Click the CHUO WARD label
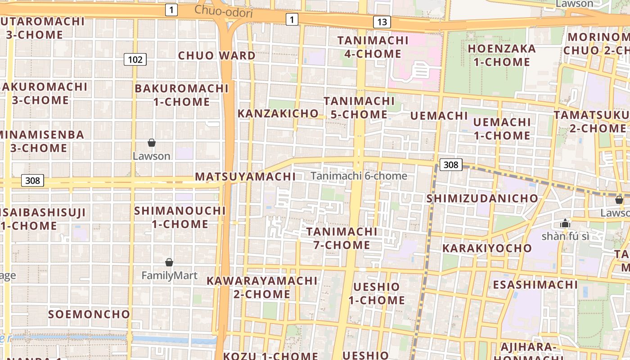(x=217, y=56)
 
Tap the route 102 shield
(x=135, y=59)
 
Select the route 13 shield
(x=382, y=22)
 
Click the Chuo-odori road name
(x=224, y=12)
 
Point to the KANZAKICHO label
(x=278, y=113)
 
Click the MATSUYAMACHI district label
(x=245, y=176)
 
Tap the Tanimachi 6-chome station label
(x=359, y=176)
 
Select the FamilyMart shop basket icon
(x=169, y=262)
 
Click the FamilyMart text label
(x=169, y=275)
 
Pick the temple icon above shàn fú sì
(x=565, y=223)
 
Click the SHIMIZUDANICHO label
(x=482, y=198)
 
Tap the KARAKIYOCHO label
(x=487, y=248)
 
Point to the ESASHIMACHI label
(x=535, y=285)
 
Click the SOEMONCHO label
(x=89, y=314)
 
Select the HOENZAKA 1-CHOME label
(x=502, y=55)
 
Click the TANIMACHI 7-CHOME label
(x=342, y=238)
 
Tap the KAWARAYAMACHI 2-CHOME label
(x=262, y=288)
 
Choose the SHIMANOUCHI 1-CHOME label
(x=180, y=217)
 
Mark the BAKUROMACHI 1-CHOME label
(x=182, y=95)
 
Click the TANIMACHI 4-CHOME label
(x=373, y=47)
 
